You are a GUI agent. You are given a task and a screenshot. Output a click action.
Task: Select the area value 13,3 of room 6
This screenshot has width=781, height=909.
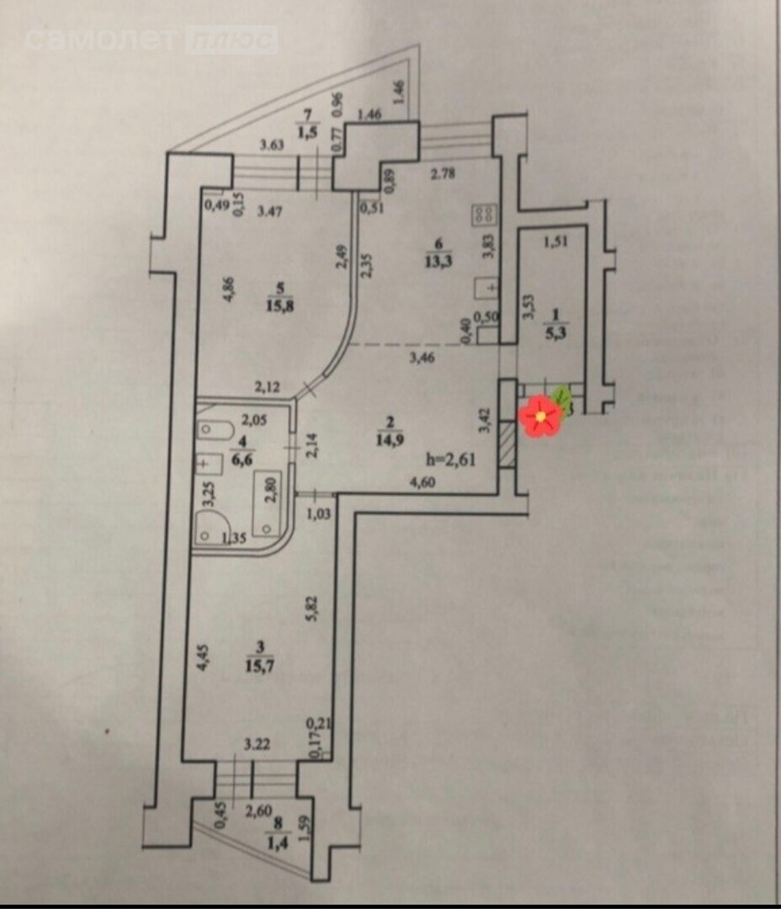(439, 258)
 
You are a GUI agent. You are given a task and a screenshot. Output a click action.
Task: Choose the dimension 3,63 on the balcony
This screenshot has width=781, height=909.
(270, 145)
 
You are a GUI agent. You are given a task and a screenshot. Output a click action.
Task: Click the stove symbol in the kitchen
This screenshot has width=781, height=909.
(483, 214)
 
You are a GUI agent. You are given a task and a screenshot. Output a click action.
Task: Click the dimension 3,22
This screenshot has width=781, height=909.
(256, 744)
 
